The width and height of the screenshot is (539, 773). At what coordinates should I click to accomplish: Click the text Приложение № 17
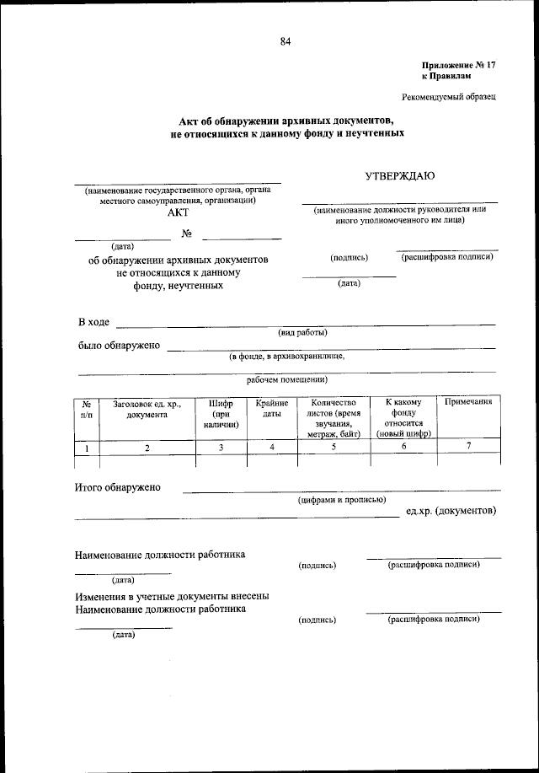[458, 65]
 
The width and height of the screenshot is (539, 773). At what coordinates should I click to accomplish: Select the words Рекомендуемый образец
[451, 96]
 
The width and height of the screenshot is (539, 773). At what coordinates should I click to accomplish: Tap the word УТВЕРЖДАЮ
[399, 177]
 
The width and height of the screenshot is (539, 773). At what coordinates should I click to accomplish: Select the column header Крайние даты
[271, 409]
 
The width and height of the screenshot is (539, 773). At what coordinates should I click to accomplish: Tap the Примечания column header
[468, 403]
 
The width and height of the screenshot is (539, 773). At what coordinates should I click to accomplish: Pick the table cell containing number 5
[334, 448]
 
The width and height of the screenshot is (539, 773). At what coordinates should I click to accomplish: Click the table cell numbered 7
[468, 447]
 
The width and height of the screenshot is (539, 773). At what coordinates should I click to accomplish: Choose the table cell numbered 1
[88, 448]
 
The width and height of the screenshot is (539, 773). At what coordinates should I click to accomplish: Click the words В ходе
[93, 322]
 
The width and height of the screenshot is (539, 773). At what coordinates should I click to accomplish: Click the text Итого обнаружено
[118, 487]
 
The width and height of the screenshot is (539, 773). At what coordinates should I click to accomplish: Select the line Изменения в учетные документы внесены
[172, 596]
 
